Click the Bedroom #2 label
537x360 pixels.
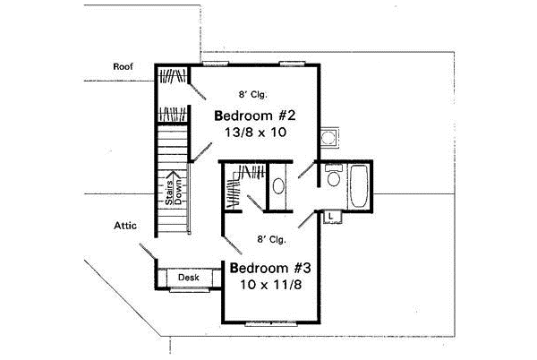coord(255,116)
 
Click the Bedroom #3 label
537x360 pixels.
coord(269,268)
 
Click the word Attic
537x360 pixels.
coord(124,226)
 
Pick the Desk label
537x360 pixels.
coord(188,279)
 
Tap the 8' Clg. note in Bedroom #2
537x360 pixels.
coord(253,93)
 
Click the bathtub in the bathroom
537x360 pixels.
coord(358,188)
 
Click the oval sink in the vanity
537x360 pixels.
coord(277,187)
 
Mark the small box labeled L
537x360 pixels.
coord(330,216)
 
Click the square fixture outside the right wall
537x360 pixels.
coord(329,138)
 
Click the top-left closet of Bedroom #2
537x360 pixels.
coord(174,76)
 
